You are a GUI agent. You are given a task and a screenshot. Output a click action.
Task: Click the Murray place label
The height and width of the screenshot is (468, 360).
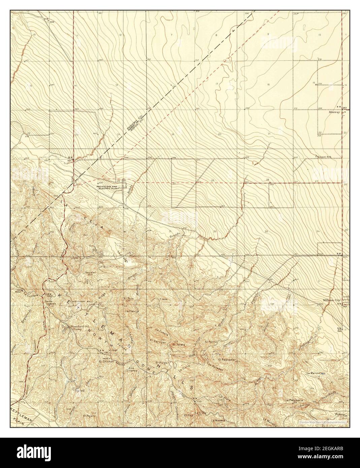(x=335, y=113)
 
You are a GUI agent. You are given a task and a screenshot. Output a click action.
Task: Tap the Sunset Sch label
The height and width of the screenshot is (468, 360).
(x=324, y=157)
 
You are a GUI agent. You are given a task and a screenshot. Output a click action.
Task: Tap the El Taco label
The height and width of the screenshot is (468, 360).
(x=129, y=298)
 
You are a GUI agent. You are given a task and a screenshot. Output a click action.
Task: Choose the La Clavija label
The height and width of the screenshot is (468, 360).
(x=132, y=311)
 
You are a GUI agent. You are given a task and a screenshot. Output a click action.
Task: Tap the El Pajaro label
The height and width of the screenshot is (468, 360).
(x=90, y=416)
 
